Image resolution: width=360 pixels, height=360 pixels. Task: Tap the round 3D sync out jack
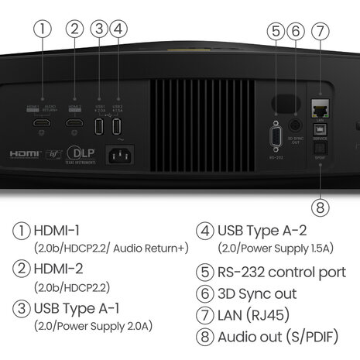pyautogui.click(x=295, y=124)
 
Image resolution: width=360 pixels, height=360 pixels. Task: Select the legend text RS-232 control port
pyautogui.click(x=282, y=272)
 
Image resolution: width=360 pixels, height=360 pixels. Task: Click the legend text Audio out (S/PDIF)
pyautogui.click(x=282, y=337)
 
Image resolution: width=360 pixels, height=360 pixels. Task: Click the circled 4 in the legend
pyautogui.click(x=204, y=231)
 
